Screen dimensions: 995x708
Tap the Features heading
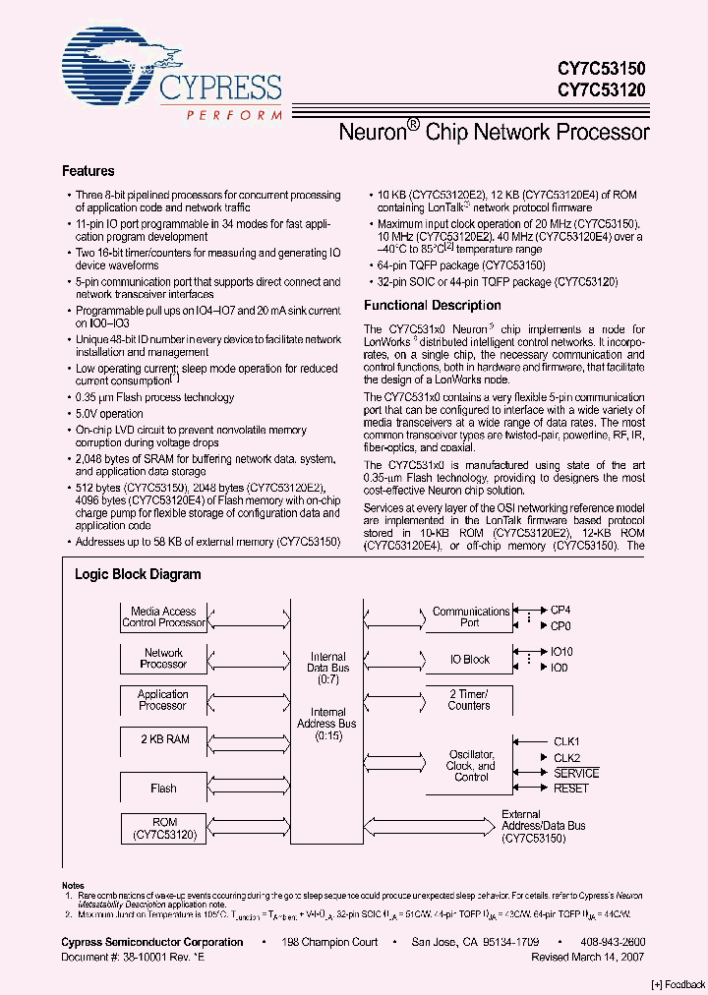(x=88, y=171)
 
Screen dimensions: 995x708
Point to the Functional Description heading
(x=433, y=306)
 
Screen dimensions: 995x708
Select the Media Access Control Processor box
(x=164, y=617)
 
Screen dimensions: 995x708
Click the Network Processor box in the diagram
(x=164, y=658)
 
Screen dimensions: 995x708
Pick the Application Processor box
(x=164, y=699)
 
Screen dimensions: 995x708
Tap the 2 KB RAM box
(x=164, y=738)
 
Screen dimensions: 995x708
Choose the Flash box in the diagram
(x=164, y=788)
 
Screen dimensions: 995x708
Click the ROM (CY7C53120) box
(x=164, y=829)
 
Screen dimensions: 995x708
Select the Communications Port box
(x=470, y=617)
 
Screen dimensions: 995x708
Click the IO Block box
(x=470, y=660)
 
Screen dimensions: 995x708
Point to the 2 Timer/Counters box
(x=470, y=699)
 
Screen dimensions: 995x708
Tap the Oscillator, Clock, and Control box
(x=470, y=765)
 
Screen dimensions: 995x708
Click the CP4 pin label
(x=560, y=611)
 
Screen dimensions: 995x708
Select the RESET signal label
(x=571, y=789)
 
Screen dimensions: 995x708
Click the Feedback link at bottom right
(x=678, y=984)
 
